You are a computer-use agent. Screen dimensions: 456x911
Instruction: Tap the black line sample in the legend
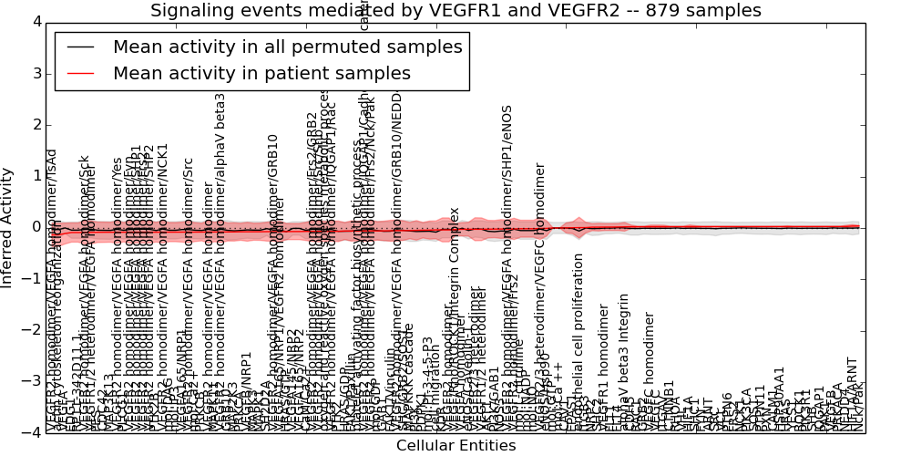78,47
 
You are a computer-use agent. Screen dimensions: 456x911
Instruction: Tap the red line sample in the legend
78,73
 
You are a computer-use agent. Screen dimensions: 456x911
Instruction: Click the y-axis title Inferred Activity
8,227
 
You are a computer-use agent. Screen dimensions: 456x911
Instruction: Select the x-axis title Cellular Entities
455,446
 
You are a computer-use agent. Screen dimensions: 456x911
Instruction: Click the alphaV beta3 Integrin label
624,356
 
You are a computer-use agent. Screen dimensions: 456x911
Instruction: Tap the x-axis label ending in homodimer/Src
189,292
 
